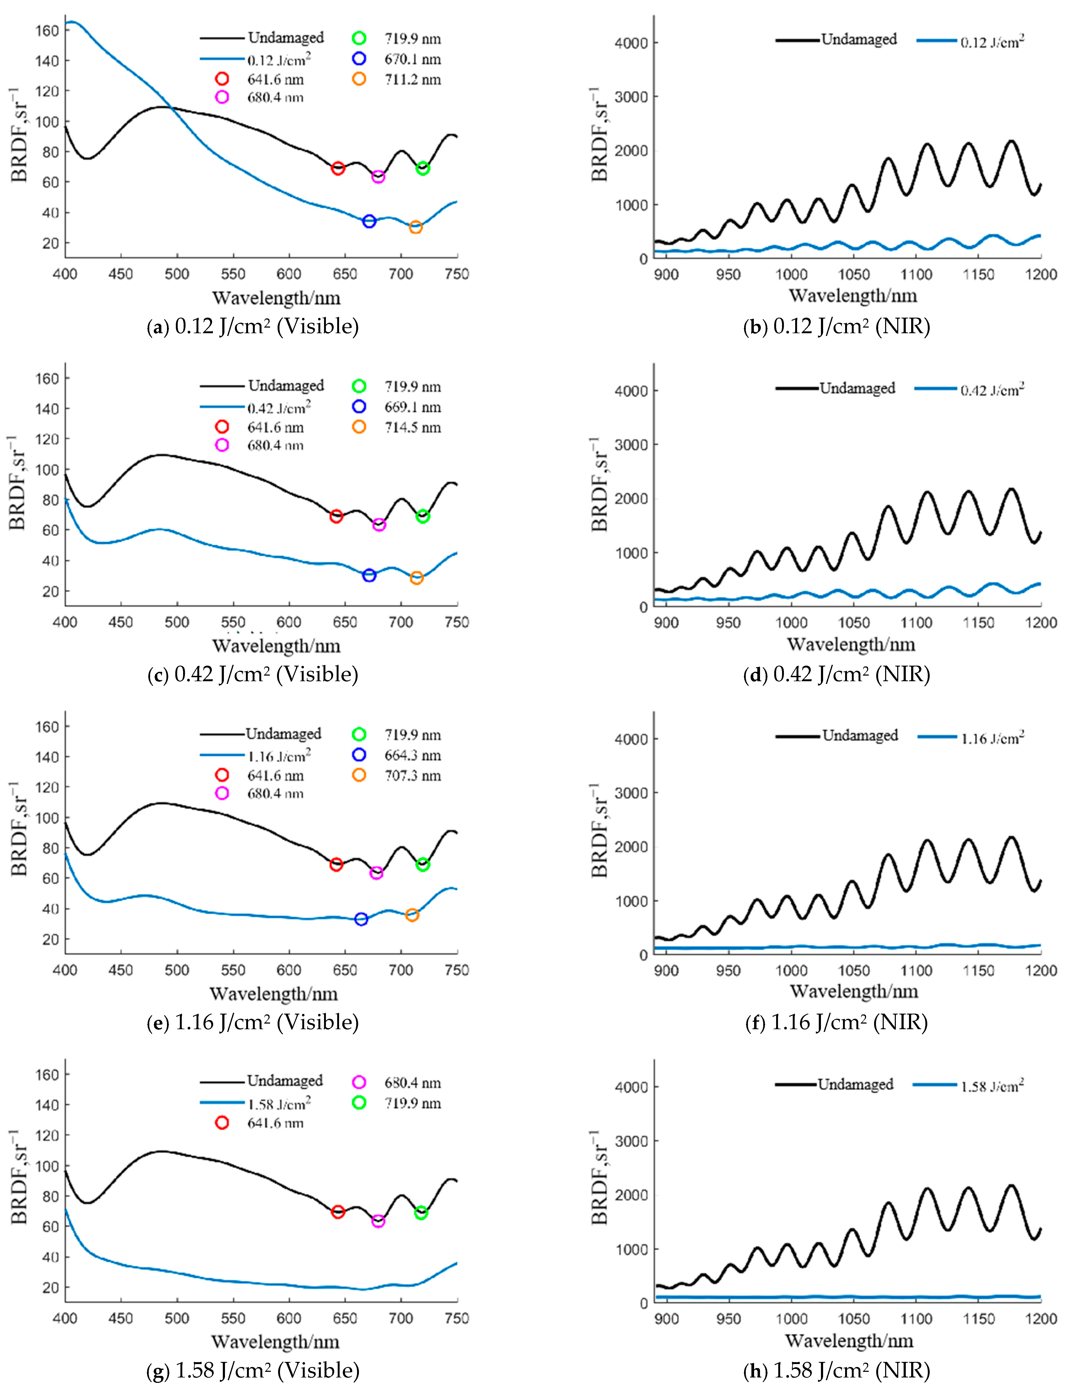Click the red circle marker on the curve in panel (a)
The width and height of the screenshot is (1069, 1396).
click(x=338, y=169)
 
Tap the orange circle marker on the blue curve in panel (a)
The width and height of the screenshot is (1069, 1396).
click(x=416, y=227)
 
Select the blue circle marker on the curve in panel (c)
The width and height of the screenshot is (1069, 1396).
click(x=369, y=575)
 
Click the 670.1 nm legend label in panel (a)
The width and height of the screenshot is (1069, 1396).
click(x=412, y=59)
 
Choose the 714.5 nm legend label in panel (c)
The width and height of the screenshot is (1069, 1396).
click(x=412, y=427)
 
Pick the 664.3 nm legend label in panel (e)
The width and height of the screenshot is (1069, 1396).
click(x=412, y=755)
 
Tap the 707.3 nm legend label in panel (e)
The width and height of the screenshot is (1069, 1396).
click(x=412, y=776)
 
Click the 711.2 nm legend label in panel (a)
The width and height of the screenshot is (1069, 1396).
click(x=412, y=79)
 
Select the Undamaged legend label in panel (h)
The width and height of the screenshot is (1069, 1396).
click(x=855, y=1084)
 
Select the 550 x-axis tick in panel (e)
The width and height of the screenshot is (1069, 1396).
click(x=233, y=970)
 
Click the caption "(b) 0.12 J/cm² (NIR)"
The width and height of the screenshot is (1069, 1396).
click(x=836, y=327)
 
